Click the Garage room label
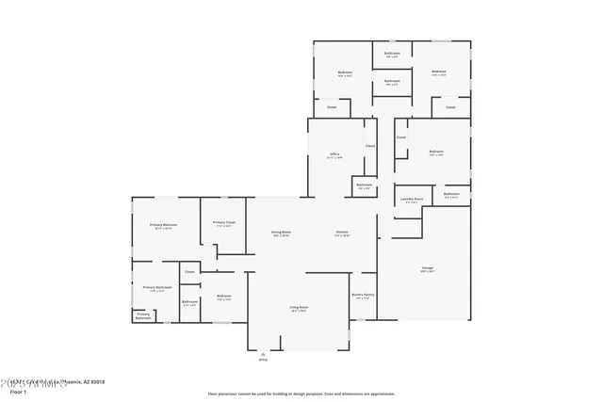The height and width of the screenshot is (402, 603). pos(427,268)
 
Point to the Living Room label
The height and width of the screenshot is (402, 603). pos(299,307)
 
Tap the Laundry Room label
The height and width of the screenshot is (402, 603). pos(411,199)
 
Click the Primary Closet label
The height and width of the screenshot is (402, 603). pos(223,222)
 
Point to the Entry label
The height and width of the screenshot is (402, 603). pos(263,360)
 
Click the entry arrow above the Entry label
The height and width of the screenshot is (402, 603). pos(263,353)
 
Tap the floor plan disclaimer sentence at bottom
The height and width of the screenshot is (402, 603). pos(301,393)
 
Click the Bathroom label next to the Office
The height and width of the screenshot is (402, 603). pos(365,185)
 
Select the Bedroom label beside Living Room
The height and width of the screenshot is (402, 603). pos(223,296)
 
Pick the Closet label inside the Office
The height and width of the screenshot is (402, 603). pos(370,145)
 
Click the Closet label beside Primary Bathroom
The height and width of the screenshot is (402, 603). pos(189,271)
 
